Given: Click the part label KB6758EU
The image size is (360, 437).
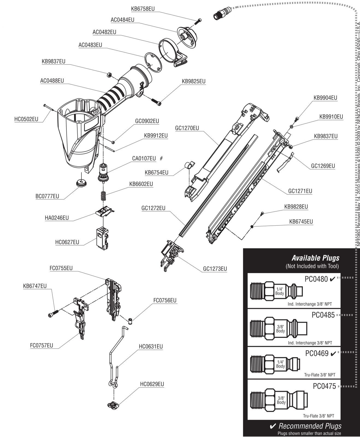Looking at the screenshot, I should coord(143,9).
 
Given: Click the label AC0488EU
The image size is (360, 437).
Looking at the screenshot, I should coord(52,81).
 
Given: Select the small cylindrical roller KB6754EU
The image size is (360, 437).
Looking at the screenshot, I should coord(189,165).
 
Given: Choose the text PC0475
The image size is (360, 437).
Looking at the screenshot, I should coord(324,386).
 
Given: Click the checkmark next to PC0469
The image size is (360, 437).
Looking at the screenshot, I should coord(333,354).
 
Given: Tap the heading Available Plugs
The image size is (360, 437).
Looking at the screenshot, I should coord(315,258).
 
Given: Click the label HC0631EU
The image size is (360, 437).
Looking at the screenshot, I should coord(151,346).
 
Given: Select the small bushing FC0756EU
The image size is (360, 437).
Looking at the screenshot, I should coord(130,320).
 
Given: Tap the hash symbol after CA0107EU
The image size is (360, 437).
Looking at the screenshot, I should coord(161,158).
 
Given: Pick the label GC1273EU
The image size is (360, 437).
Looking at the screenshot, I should coord(215,269).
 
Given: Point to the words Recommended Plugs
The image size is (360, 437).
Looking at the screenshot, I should coord(310,426).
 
